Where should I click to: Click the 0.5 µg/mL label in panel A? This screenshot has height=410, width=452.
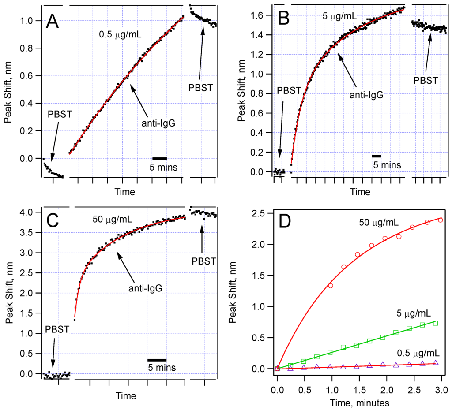pos(120,34)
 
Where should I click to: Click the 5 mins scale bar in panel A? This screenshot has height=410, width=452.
pos(159,158)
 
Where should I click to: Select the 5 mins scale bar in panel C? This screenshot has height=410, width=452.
pos(157,360)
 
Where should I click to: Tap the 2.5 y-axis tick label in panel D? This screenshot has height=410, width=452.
pos(260,213)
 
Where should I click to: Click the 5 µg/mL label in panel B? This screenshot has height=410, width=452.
pos(339,17)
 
